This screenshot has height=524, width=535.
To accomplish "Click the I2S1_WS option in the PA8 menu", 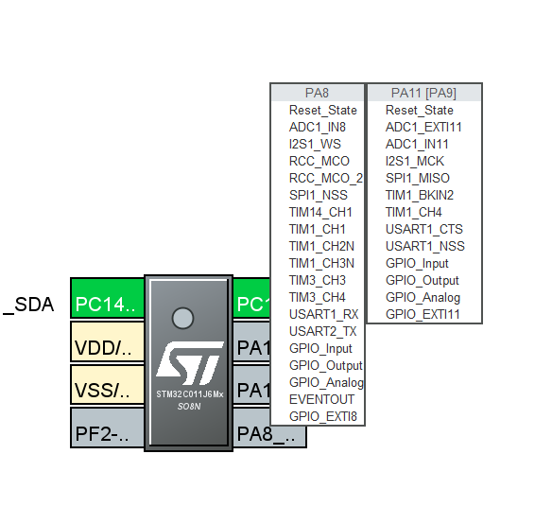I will pos(315,144).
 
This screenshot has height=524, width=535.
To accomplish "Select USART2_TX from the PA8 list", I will pos(322,331).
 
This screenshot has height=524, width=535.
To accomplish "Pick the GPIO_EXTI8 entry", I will pos(322,416).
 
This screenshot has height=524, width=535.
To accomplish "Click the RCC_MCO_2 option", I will pos(325,178).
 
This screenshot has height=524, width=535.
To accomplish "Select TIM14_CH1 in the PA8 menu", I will pos(320,212).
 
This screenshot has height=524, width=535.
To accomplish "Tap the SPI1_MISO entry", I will pos(417,178).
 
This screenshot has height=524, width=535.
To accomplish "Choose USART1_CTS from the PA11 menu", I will pos(424,229).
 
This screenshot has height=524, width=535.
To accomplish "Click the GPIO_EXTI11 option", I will pos(423,314).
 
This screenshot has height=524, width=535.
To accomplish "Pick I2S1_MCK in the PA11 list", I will pos(415,161).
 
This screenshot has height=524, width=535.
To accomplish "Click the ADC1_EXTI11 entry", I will pos(423,127).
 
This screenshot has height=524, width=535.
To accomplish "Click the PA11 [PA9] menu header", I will pos(423,93).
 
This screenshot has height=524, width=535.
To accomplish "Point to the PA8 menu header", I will pos(317,93).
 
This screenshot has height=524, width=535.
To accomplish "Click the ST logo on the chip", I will pos(188,362).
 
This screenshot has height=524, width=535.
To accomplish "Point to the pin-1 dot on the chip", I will pos(183,318).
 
